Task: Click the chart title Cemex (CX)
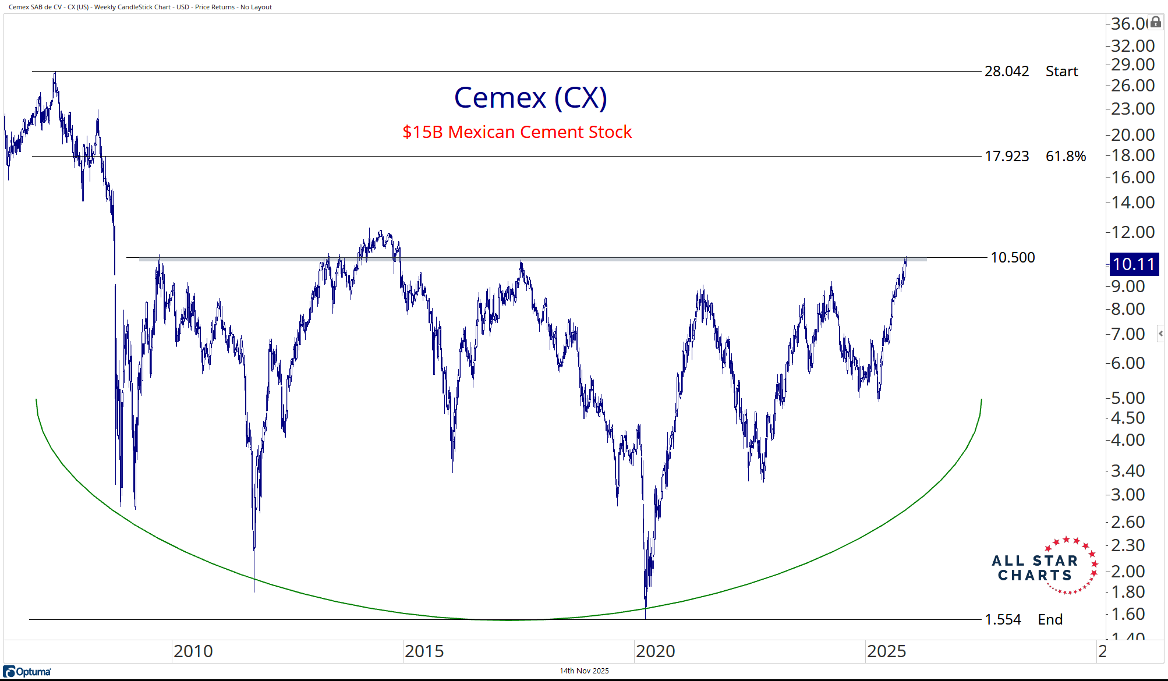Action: tap(530, 98)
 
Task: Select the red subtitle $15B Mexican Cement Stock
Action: tap(517, 132)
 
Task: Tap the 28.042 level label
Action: tap(1007, 72)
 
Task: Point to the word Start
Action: tap(1061, 72)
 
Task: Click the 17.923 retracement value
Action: tap(1007, 157)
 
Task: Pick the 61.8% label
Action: tap(1066, 157)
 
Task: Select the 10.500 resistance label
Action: tap(1013, 257)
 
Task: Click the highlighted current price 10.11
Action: tap(1134, 264)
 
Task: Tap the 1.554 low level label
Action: tap(1003, 619)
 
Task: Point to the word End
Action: tap(1050, 619)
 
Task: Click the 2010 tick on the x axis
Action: tap(193, 651)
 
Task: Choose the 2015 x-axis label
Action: tap(424, 651)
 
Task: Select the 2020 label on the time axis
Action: tap(656, 651)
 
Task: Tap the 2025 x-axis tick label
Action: tap(886, 651)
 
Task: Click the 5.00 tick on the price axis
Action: tap(1128, 398)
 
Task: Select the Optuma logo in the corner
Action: tap(27, 672)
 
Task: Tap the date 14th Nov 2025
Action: tap(584, 671)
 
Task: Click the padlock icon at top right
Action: tap(1156, 22)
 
